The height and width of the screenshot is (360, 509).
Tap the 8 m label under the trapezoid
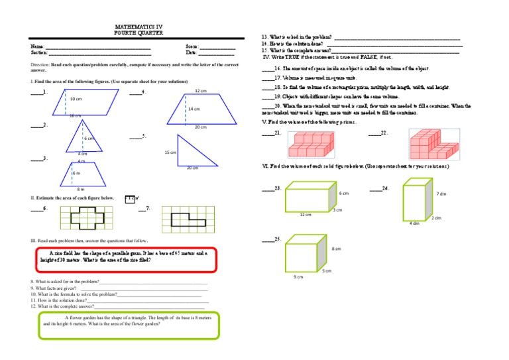coord(80,189)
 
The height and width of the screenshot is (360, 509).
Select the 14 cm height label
coord(194,109)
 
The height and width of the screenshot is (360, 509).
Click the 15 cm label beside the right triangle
coord(170,152)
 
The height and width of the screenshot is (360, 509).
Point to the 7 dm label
coord(441,194)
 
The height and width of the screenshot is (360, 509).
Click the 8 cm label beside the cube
coord(337,249)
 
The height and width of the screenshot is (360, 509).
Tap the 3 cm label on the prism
coord(337,211)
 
